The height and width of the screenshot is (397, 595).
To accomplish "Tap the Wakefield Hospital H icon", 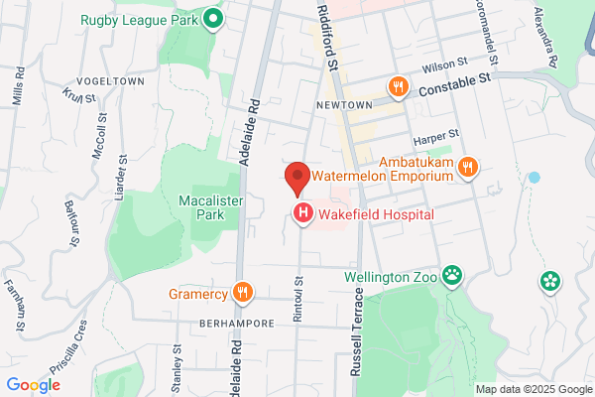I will point(302,212).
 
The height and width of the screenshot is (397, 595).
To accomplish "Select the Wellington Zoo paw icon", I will point(453,274).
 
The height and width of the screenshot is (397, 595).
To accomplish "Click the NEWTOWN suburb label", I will point(344,105).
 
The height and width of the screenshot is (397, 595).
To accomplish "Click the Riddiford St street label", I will point(329,37).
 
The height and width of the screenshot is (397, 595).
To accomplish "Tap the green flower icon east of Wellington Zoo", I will point(550,282).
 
